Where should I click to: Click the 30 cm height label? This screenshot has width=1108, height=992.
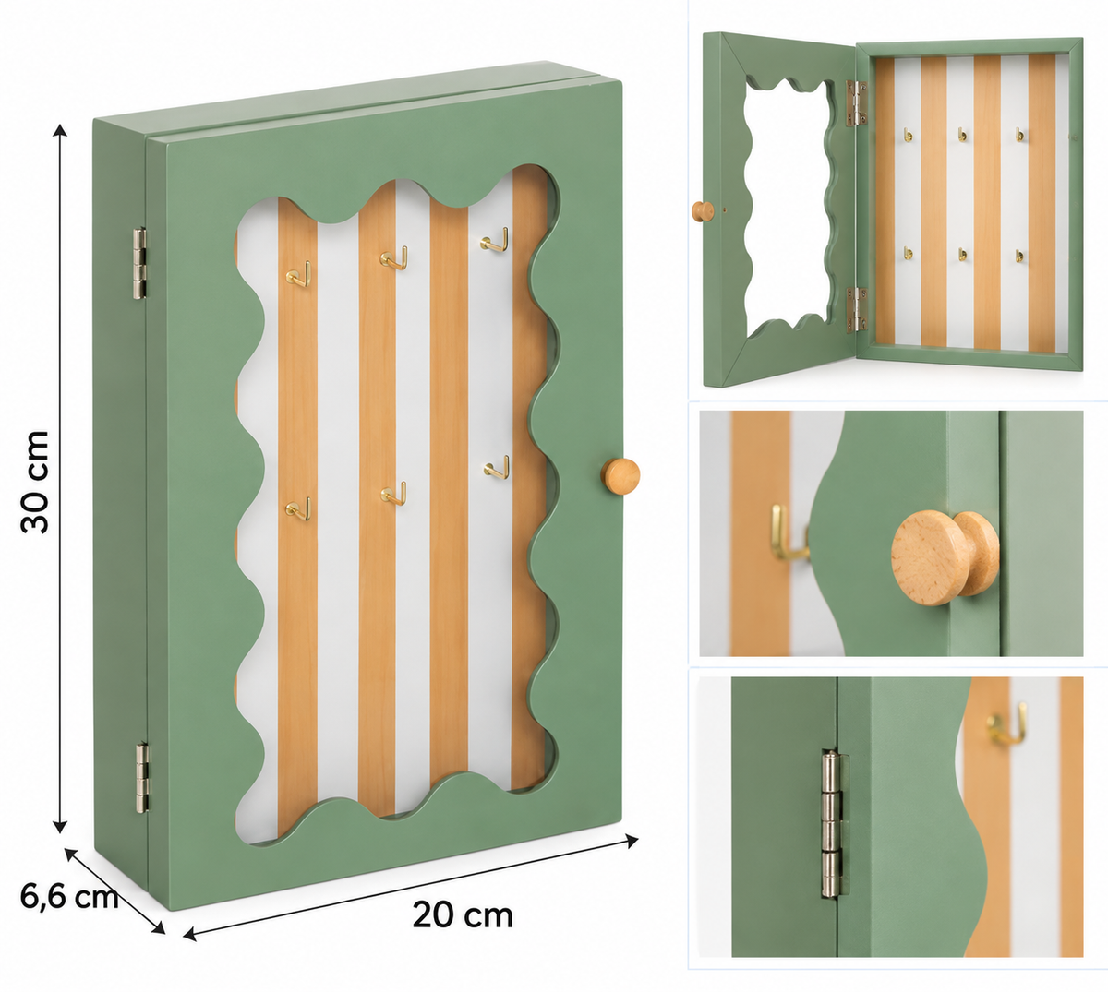point(35,482)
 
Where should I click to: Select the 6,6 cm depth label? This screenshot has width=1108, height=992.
point(69,896)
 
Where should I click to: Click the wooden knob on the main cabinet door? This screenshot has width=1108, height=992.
point(620,476)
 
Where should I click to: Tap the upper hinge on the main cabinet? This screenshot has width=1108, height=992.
point(140,263)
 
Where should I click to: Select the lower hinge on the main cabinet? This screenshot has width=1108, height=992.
point(142,777)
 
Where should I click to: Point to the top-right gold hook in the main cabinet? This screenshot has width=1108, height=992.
point(494,240)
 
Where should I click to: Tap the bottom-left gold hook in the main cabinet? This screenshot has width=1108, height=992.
point(298,508)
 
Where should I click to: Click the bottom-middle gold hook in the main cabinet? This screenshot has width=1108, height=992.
point(393,493)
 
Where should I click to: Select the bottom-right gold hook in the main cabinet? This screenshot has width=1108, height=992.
point(497,467)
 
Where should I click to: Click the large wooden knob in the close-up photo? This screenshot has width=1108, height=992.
point(945,557)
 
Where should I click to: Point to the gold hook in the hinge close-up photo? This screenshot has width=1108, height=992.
point(1006,724)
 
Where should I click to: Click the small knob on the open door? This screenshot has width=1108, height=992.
point(703,211)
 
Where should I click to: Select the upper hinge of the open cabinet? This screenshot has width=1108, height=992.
point(856,103)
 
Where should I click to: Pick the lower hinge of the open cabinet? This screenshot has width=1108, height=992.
point(856,310)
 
